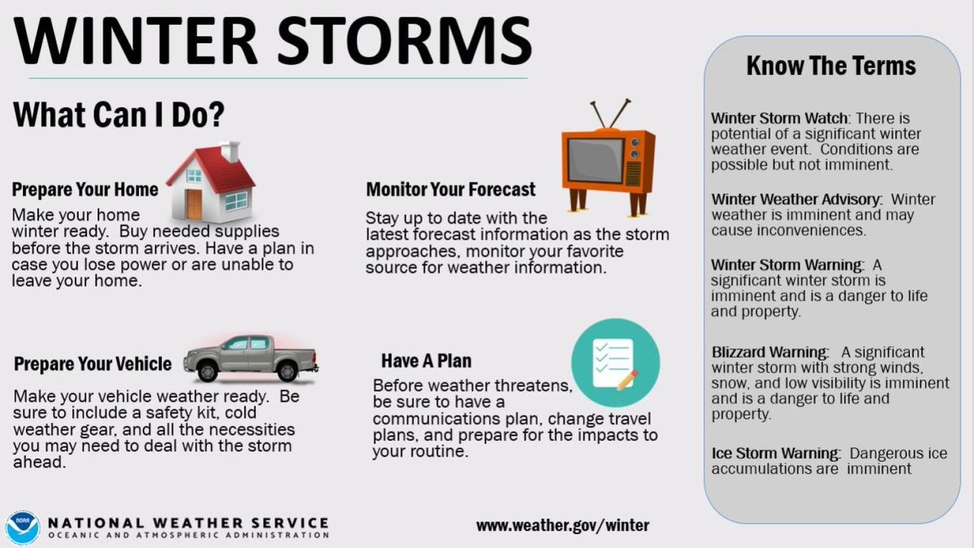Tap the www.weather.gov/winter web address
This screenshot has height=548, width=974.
coord(562,525)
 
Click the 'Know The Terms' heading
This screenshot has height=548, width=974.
coord(830,66)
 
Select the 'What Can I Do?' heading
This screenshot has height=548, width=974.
coord(119,114)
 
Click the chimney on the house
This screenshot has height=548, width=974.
coord(231,151)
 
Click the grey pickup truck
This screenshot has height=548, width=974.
coord(250,357)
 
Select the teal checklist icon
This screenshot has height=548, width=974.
coord(614,358)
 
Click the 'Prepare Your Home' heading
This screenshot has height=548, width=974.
coord(84,190)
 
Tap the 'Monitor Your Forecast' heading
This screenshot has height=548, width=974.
coord(450,190)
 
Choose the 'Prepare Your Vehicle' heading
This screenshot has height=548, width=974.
coord(93,364)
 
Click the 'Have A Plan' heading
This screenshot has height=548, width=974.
coord(425,360)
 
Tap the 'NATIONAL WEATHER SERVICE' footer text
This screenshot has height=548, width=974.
coord(188,522)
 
